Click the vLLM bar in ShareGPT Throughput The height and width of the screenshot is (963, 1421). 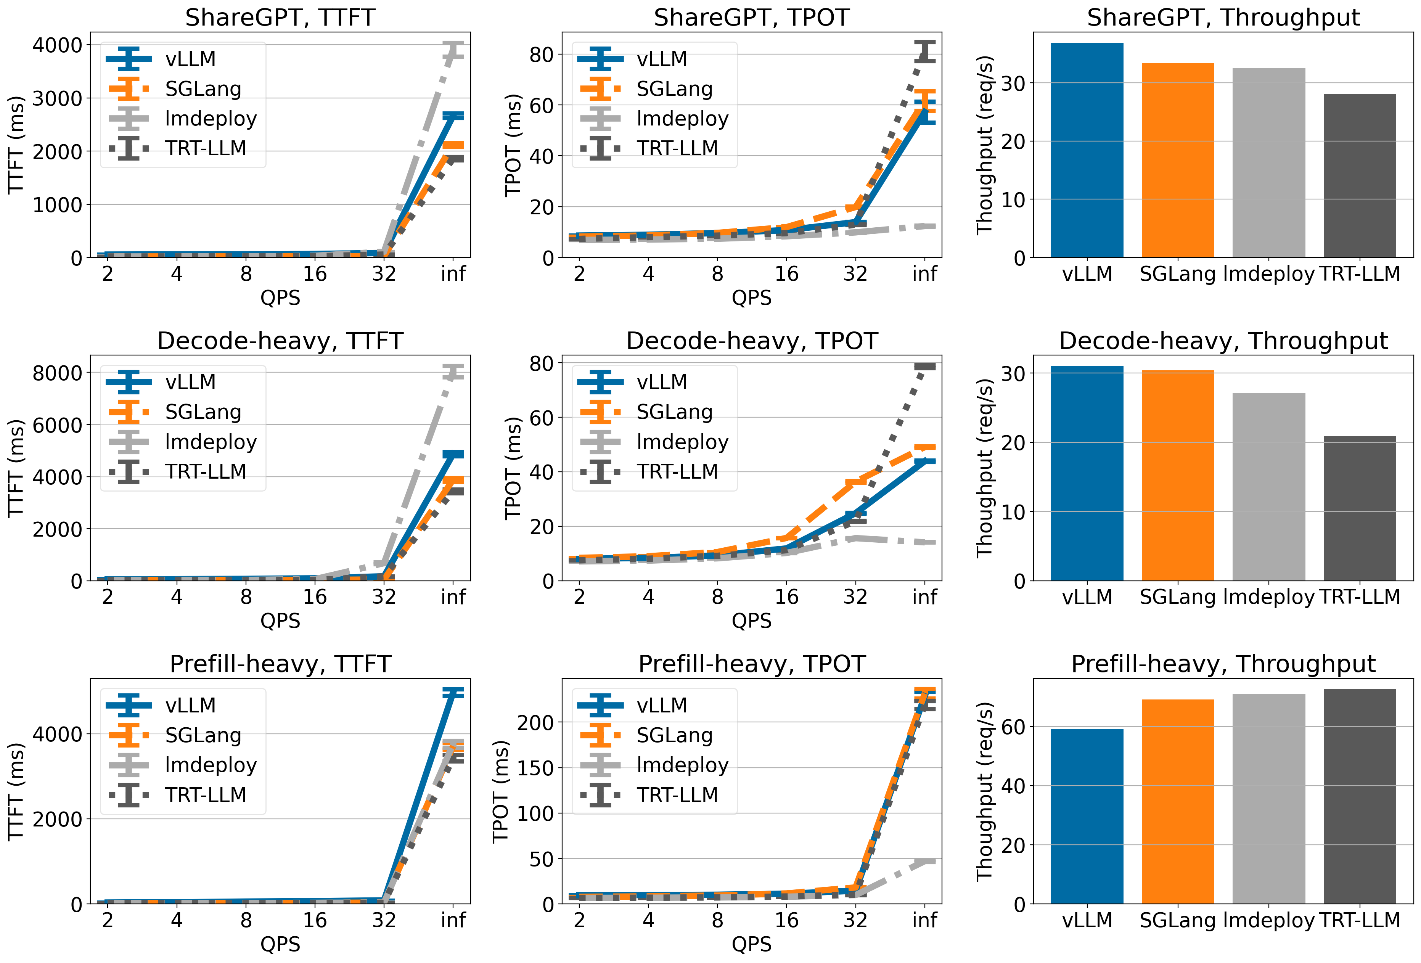(1087, 150)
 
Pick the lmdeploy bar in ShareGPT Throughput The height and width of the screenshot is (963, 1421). (1269, 162)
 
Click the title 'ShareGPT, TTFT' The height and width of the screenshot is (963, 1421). (280, 17)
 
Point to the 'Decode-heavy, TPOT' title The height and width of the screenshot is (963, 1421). (751, 341)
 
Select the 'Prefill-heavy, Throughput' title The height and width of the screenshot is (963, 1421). (1223, 664)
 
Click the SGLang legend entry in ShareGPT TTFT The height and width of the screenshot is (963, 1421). (203, 88)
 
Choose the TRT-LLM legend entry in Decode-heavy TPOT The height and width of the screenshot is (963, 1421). (677, 471)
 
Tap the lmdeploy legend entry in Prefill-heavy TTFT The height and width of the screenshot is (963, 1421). (211, 765)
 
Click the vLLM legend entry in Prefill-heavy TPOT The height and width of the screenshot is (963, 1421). (662, 705)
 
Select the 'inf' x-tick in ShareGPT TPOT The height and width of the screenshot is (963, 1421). (924, 273)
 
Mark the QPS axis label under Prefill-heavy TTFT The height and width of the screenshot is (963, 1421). (280, 944)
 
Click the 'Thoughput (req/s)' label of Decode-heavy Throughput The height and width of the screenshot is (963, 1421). (984, 468)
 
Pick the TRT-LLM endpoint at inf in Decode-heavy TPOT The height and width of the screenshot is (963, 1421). (924, 366)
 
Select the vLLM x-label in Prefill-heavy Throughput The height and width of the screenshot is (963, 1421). (1087, 920)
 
